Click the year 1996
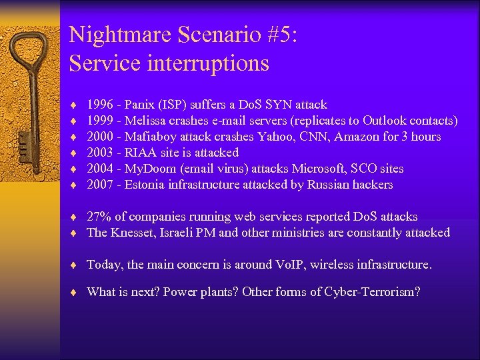pos(99,105)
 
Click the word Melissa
pos(147,121)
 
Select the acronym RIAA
pos(141,153)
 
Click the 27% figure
pos(99,217)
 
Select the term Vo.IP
pos(291,265)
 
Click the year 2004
pos(99,169)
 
